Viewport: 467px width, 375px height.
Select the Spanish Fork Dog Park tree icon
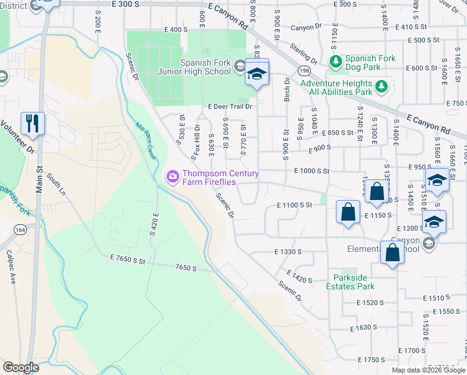tap(336, 61)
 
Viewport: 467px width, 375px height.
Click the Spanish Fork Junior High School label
tap(205, 67)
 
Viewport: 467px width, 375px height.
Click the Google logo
tap(21, 367)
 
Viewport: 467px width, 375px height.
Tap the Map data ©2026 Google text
tap(428, 370)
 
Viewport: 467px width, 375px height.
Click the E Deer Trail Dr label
tap(230, 106)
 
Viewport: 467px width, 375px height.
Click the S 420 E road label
tap(155, 223)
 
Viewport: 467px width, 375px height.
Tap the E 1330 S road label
tap(288, 251)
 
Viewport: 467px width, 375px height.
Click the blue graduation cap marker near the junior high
tap(256, 74)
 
